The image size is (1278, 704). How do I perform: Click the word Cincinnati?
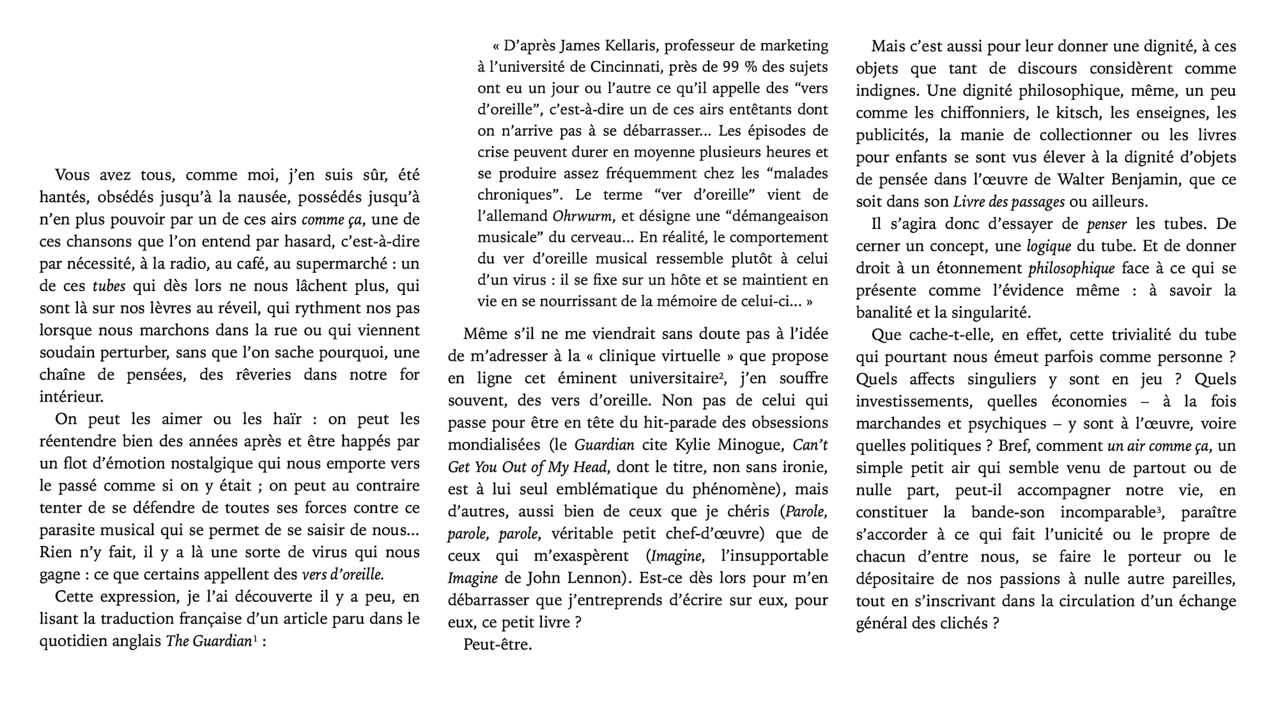631,67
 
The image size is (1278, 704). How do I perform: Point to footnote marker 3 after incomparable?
1158,509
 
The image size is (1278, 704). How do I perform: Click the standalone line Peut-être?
497,645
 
